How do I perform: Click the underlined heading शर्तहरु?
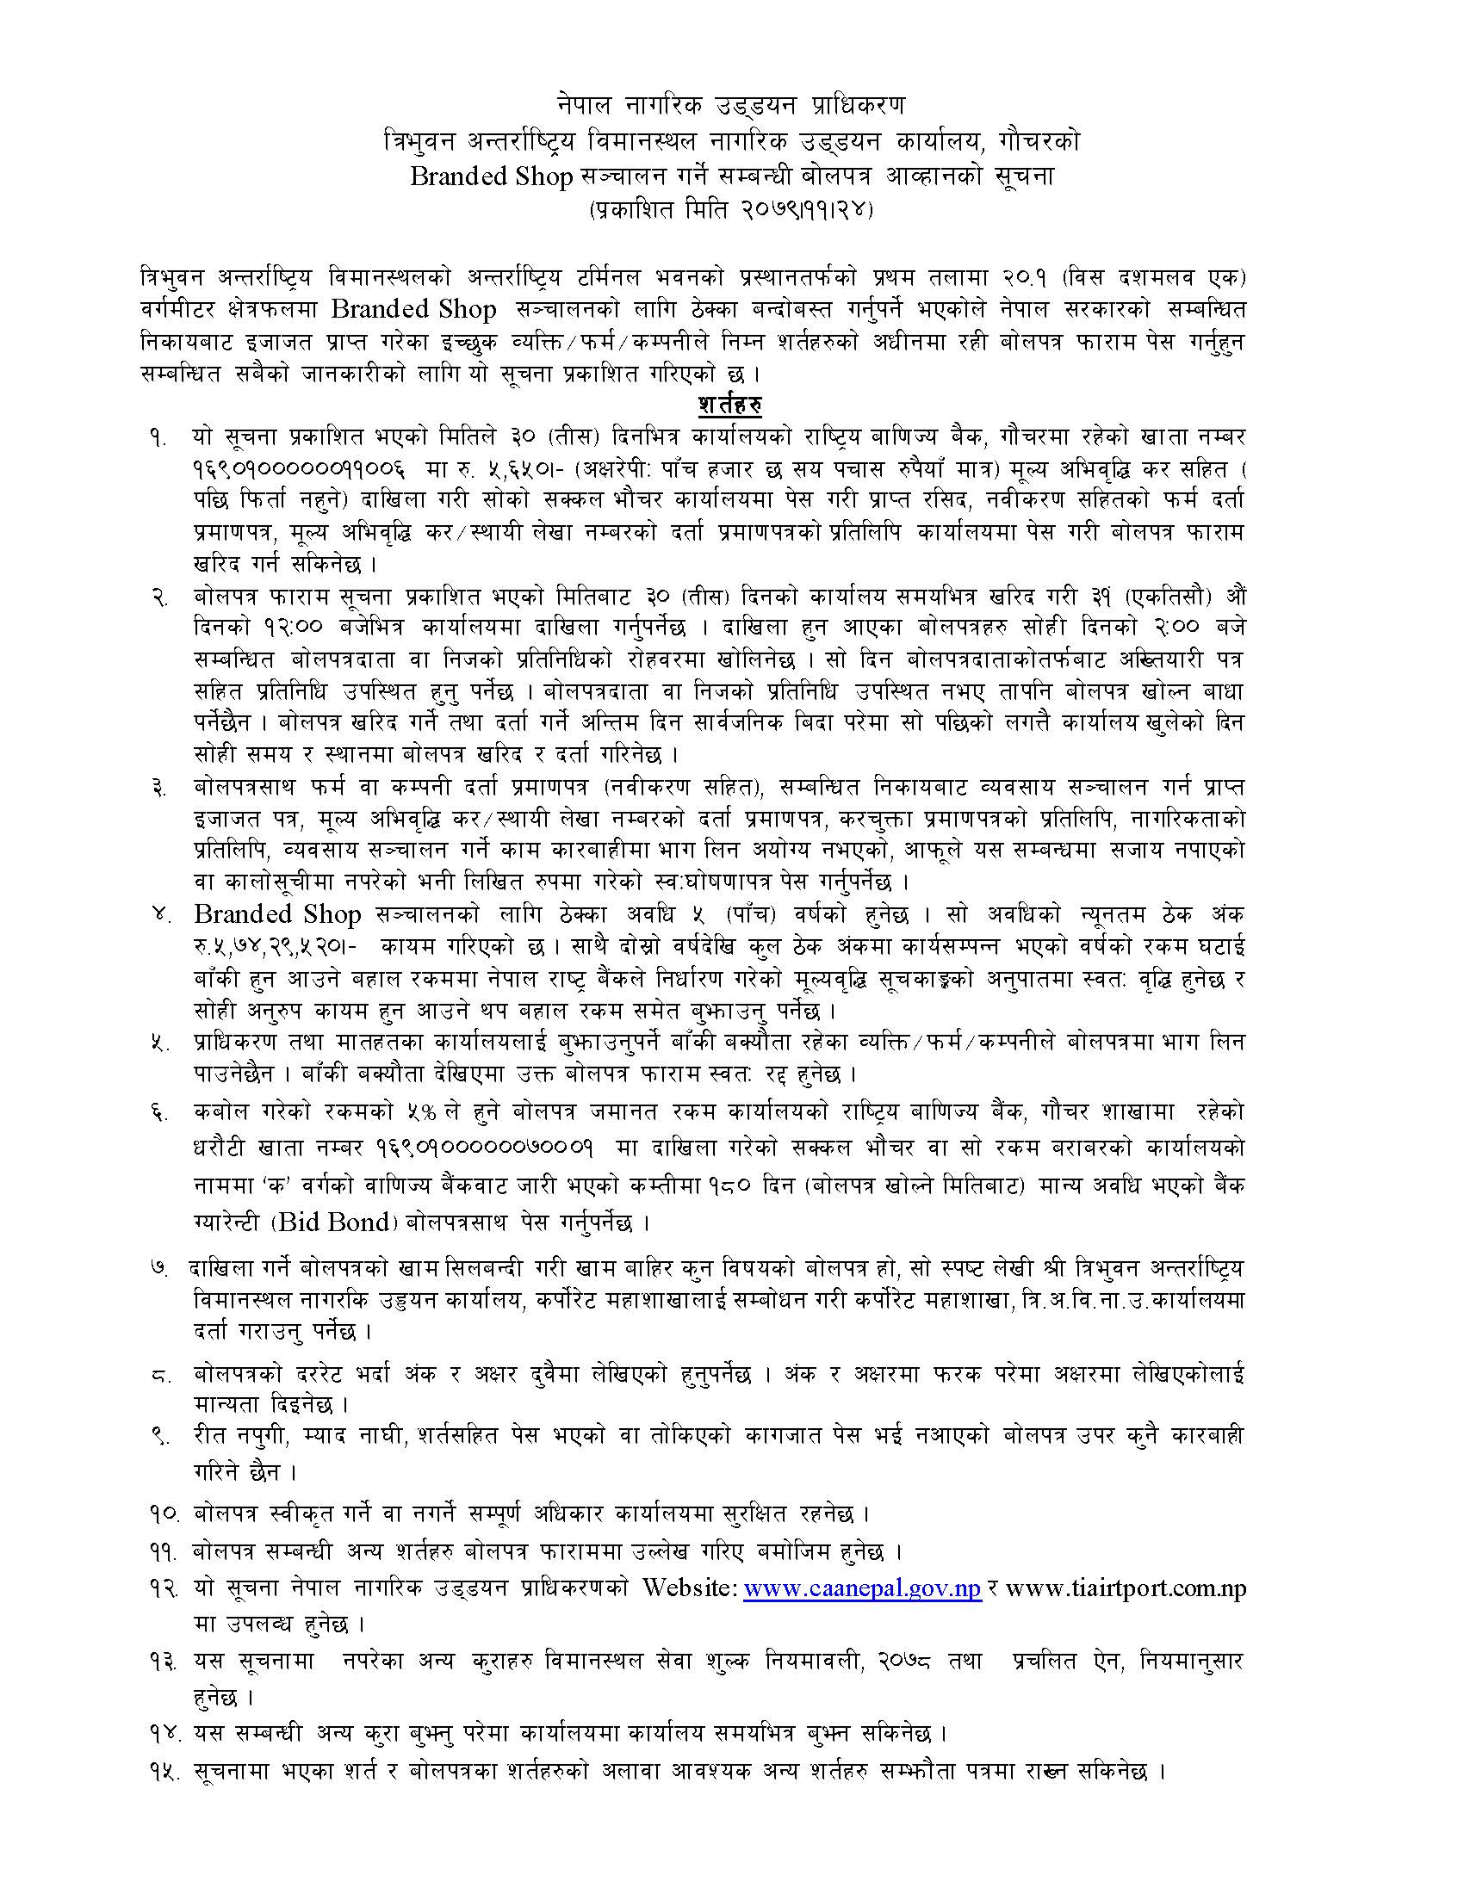pyautogui.click(x=730, y=405)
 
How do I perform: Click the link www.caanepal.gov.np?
pyautogui.click(x=863, y=1588)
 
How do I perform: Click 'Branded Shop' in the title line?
pyautogui.click(x=492, y=176)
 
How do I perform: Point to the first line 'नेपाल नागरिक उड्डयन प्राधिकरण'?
pyautogui.click(x=730, y=105)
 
